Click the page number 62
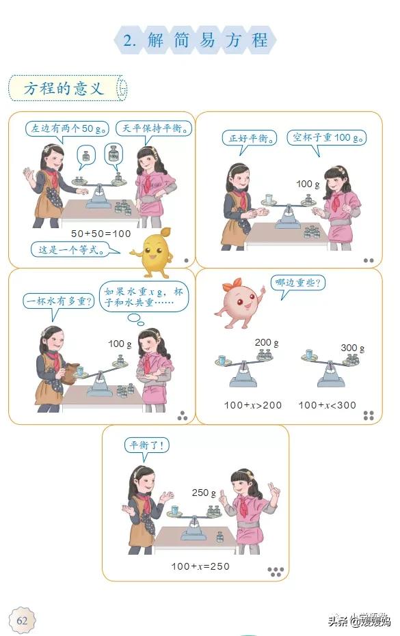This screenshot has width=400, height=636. (22, 620)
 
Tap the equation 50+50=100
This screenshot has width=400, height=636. (101, 234)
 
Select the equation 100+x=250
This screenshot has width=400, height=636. (200, 566)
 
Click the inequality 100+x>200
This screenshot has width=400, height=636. (252, 405)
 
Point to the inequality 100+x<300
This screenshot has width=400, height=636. (327, 405)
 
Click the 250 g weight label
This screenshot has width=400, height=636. (204, 493)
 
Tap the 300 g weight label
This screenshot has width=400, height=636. (353, 348)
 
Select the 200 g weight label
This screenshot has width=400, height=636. (267, 343)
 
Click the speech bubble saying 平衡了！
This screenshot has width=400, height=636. (146, 446)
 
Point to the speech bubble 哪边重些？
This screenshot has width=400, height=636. (297, 283)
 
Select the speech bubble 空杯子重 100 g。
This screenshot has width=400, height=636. (327, 138)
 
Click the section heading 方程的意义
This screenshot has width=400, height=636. (64, 88)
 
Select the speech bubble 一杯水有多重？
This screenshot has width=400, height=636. (58, 302)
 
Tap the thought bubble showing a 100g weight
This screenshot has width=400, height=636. (114, 155)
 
